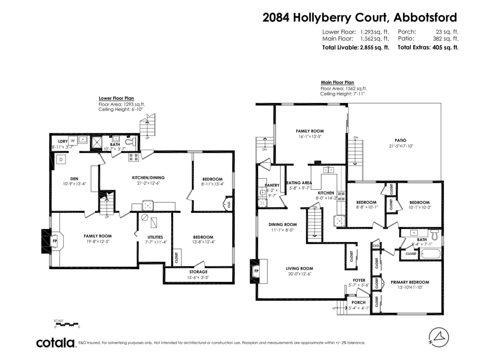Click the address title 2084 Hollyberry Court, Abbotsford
360,18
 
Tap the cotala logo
56,343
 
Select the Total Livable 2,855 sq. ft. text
356,47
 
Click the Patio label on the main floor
400,140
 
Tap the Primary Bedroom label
410,282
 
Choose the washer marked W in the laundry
73,141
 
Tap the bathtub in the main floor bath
430,254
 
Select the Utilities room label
154,237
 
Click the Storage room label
198,272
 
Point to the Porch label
358,302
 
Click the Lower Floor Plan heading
116,98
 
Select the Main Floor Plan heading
337,83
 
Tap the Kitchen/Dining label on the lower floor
148,178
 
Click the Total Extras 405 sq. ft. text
428,47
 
